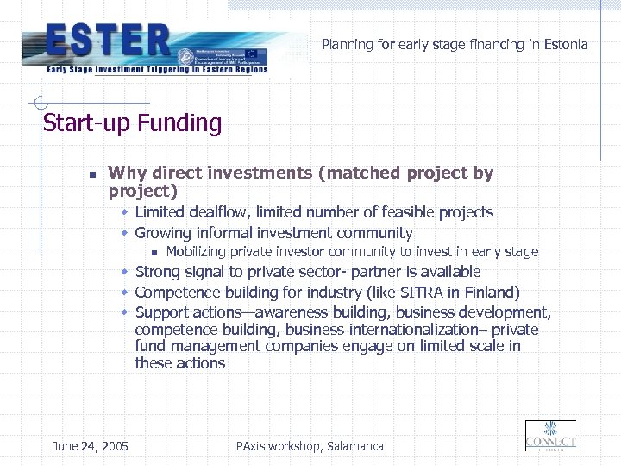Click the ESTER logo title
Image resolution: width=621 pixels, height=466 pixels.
(x=109, y=41)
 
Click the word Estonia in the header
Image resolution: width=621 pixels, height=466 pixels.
(x=566, y=44)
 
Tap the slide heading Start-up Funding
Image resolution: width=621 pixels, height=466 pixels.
(x=132, y=123)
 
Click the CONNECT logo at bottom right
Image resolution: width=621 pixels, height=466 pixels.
(x=550, y=436)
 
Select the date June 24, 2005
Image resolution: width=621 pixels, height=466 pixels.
(x=91, y=446)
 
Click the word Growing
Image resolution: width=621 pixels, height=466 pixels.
(x=164, y=233)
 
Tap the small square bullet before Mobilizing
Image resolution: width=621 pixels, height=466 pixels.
(x=152, y=253)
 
